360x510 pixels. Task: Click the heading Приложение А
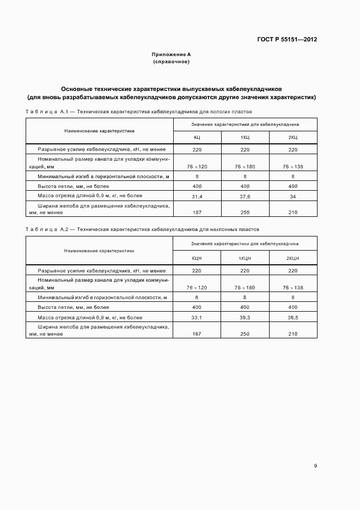(x=171, y=55)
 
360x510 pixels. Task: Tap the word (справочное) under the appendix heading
(x=171, y=62)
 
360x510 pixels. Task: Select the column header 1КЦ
(x=245, y=137)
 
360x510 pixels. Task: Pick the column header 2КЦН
(x=293, y=258)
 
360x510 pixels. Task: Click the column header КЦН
(x=197, y=258)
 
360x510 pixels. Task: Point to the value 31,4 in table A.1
(x=197, y=196)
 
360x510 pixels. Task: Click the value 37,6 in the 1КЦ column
(x=245, y=196)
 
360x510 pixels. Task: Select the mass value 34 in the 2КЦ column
(x=293, y=196)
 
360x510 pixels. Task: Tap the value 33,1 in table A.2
(x=197, y=317)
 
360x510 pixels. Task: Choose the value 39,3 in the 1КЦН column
(x=245, y=317)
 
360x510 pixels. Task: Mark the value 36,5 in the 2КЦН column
(x=293, y=317)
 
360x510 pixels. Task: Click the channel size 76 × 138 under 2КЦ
(x=293, y=166)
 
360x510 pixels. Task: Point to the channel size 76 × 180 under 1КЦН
(x=245, y=287)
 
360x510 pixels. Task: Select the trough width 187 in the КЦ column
(x=197, y=213)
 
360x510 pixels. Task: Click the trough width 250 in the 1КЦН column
(x=245, y=334)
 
